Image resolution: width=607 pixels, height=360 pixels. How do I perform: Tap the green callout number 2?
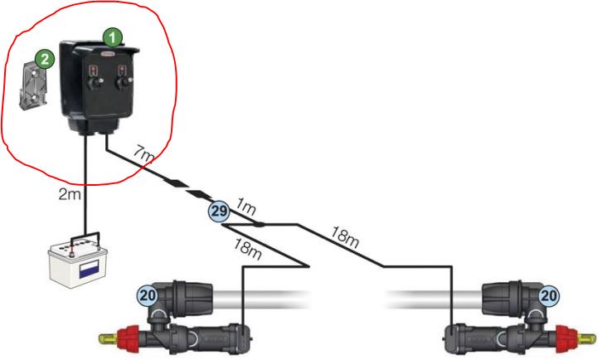click(46, 58)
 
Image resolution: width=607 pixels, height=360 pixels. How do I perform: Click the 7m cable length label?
click(143, 154)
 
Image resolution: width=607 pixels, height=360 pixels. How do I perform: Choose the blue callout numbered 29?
click(218, 212)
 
